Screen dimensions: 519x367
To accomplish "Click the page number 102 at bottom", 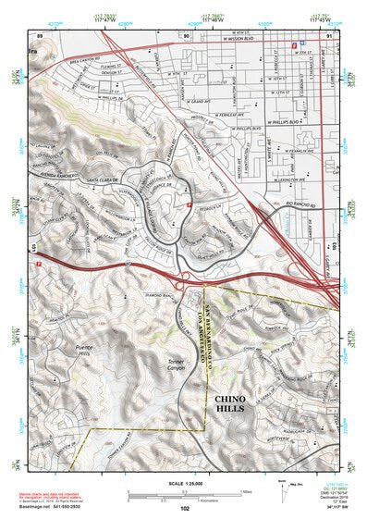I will click(186, 508).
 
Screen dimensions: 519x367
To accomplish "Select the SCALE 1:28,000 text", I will click(185, 483).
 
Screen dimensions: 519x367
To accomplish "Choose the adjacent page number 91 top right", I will click(329, 35).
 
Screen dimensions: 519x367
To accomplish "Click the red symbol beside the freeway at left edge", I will click(39, 263).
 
